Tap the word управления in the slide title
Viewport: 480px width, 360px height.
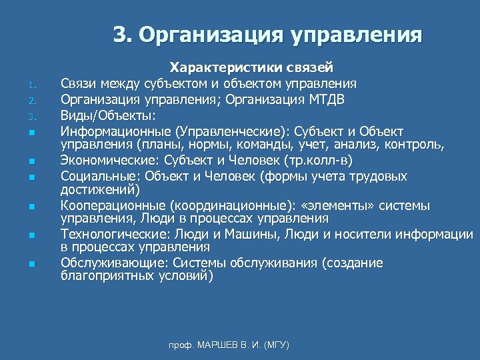[356, 34]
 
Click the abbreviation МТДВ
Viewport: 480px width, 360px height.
[327, 99]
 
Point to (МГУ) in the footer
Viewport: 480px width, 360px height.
[277, 345]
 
